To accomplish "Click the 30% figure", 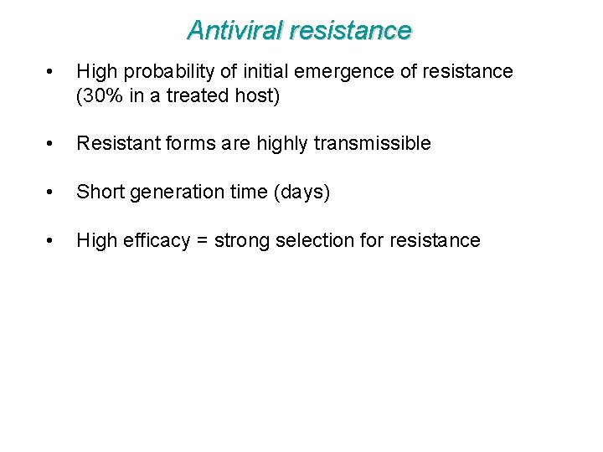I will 101,95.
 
